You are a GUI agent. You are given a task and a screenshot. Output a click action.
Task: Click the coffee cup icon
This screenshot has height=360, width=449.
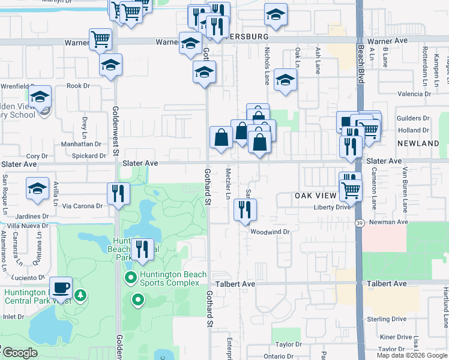pyautogui.click(x=61, y=287)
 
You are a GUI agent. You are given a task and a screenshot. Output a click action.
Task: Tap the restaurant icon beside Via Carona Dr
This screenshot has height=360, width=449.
pyautogui.click(x=118, y=193)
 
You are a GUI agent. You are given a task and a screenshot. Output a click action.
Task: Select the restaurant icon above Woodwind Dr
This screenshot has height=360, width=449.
pyautogui.click(x=245, y=209)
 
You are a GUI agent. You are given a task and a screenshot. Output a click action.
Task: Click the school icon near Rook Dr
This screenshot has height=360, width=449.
pyautogui.click(x=110, y=65)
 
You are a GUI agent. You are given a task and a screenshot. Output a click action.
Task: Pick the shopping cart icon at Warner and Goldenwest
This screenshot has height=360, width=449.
pyautogui.click(x=100, y=40)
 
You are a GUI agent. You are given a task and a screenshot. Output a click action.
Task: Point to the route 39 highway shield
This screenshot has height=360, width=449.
pyautogui.click(x=359, y=223)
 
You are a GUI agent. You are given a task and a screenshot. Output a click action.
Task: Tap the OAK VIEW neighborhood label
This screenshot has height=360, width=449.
pyautogui.click(x=317, y=196)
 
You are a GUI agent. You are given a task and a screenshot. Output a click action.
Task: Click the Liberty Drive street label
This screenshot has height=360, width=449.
pyautogui.click(x=331, y=208)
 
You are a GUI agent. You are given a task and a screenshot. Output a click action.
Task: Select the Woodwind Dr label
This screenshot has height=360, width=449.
pyautogui.click(x=270, y=232)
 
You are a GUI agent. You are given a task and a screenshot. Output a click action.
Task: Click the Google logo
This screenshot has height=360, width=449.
pyautogui.click(x=19, y=353)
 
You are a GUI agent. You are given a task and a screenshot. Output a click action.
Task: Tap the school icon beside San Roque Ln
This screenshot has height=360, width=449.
pyautogui.click(x=37, y=188)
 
